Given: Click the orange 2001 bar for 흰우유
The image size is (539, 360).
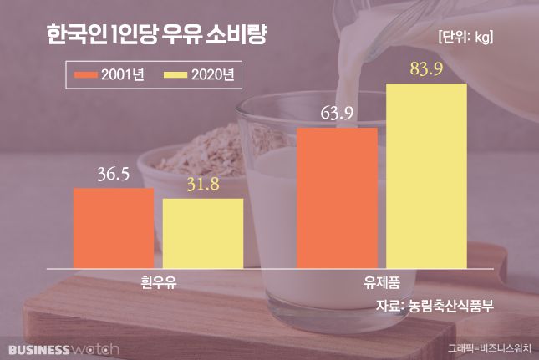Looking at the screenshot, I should pos(114,227).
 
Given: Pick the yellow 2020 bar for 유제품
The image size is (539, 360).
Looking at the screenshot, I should pos(426,175).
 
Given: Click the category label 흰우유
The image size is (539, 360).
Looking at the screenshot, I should pos(159,281).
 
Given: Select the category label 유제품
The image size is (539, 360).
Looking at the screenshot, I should pos(381,281).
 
